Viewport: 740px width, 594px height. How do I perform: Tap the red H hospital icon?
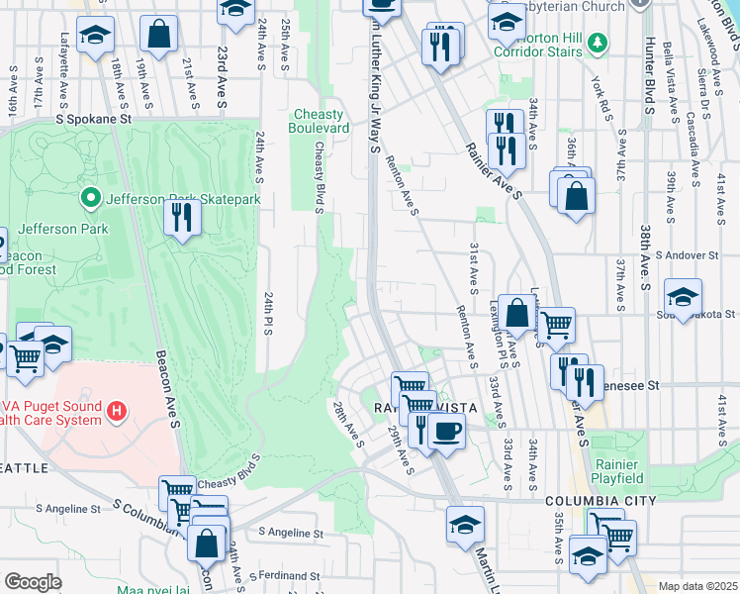tap(117, 410)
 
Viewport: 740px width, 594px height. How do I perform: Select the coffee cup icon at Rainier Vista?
tap(446, 433)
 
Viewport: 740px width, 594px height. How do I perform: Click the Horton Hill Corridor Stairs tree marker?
tap(597, 43)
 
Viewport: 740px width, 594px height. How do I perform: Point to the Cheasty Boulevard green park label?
tap(319, 122)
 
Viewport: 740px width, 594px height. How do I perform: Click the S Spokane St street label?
tap(94, 119)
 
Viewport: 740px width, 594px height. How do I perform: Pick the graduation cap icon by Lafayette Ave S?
tap(96, 37)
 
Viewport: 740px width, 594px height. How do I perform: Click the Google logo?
tap(33, 582)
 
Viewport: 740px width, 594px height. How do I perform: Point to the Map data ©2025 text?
tap(697, 586)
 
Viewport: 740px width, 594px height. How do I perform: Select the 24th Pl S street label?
tap(267, 314)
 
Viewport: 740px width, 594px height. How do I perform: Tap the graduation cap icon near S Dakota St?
tap(683, 295)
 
